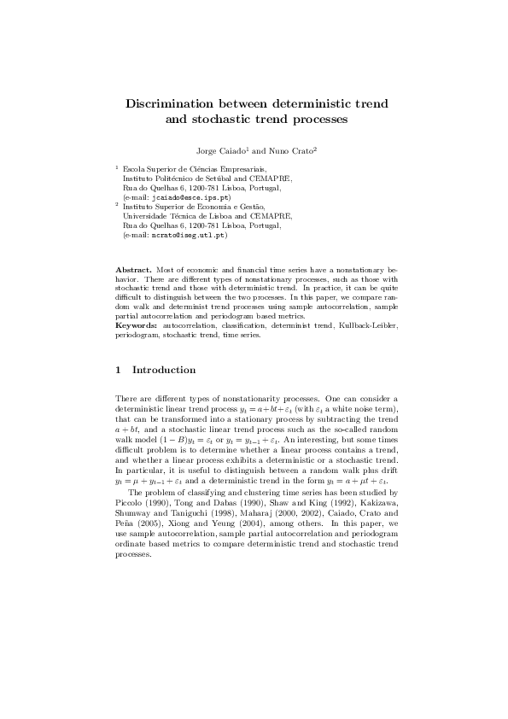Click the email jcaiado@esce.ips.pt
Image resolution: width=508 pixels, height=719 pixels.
[x=185, y=197]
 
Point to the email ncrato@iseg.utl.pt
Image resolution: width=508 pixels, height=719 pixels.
[x=184, y=234]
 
